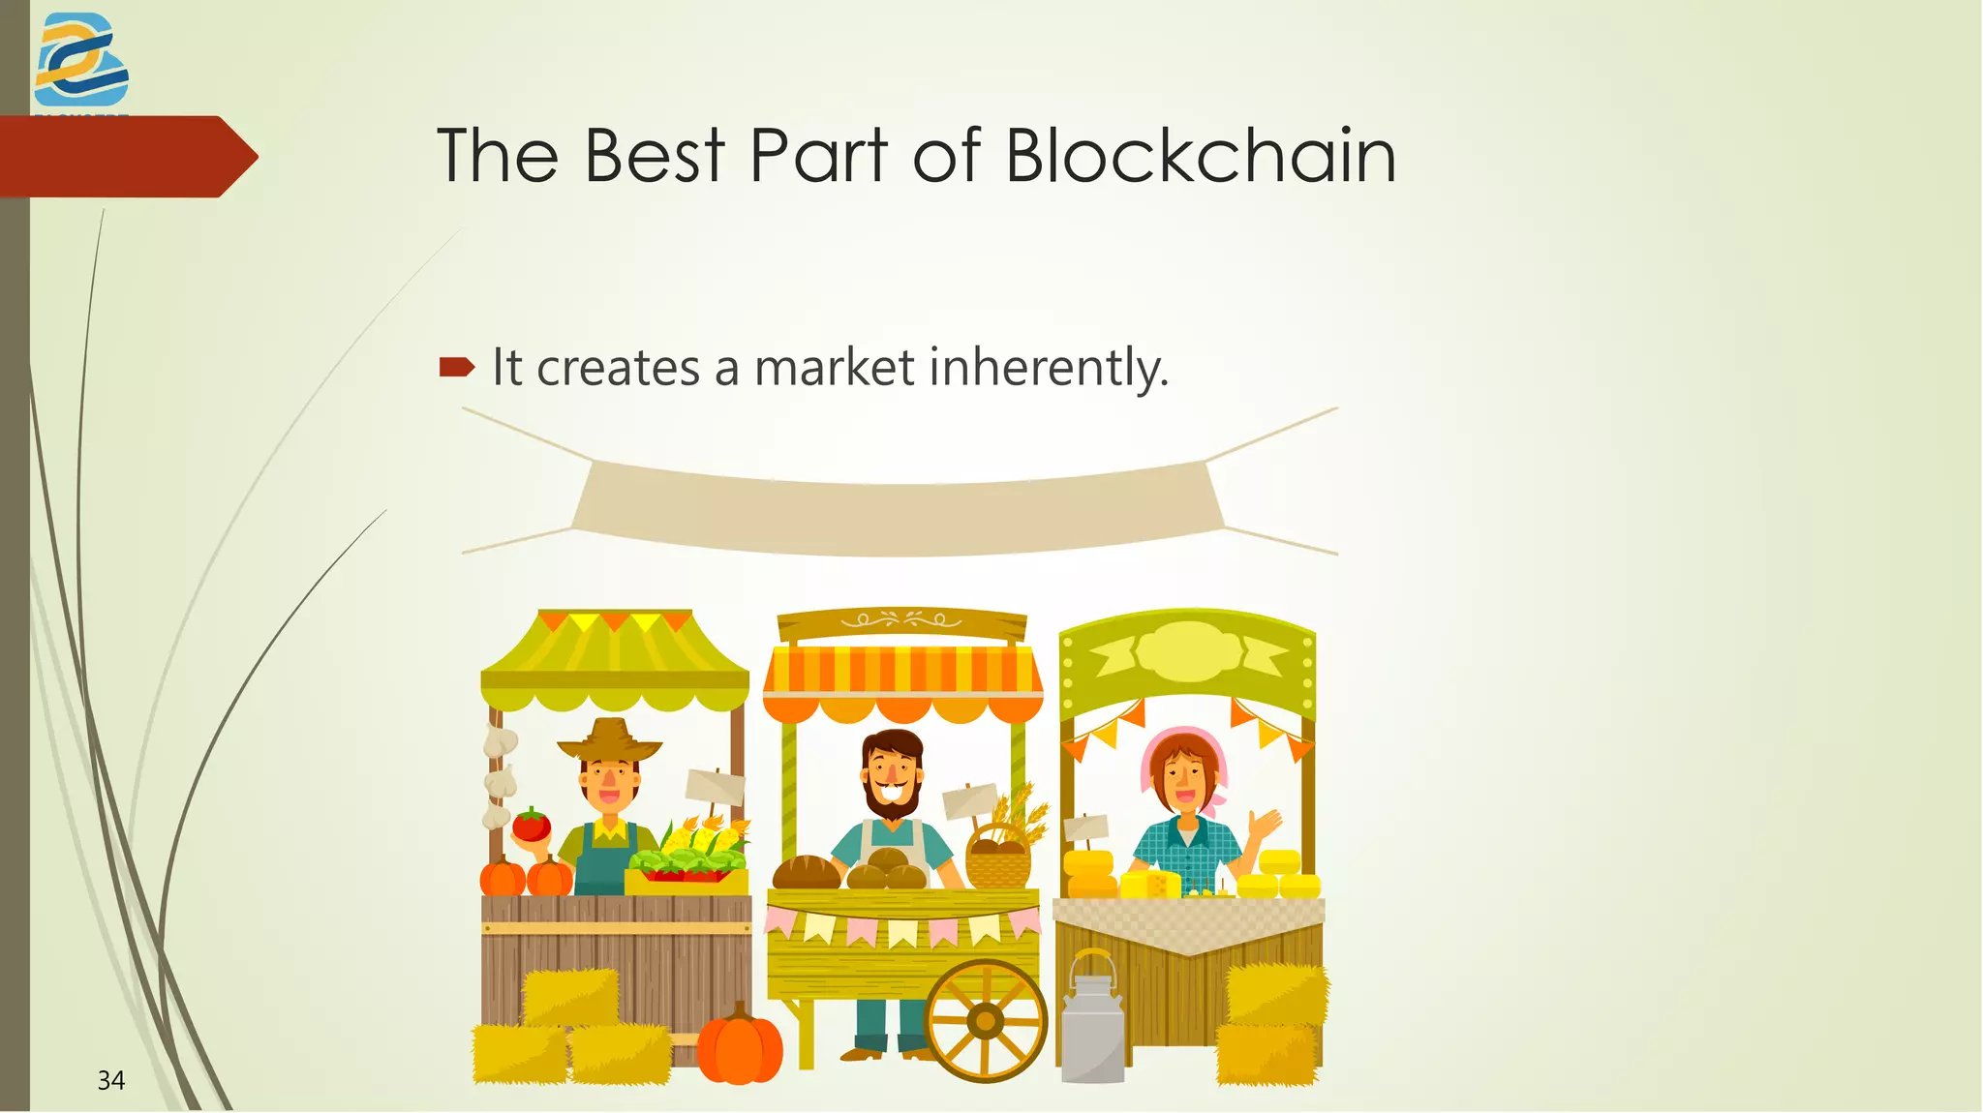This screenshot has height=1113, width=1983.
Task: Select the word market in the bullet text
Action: pos(834,368)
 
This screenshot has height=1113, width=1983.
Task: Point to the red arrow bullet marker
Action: pos(456,367)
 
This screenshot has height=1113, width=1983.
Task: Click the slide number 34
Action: pos(110,1080)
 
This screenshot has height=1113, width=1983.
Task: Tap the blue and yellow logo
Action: pos(81,60)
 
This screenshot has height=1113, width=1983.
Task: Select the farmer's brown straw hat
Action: pos(609,740)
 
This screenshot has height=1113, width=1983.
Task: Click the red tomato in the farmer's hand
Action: pos(531,826)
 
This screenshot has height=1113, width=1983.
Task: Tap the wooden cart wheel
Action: pos(986,1020)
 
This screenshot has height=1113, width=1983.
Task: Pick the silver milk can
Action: pos(1093,1021)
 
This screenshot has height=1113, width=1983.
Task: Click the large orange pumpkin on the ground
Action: pos(740,1045)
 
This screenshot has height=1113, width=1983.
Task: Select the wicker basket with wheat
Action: pos(998,857)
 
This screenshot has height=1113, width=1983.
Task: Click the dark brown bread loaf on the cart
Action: pos(806,872)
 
